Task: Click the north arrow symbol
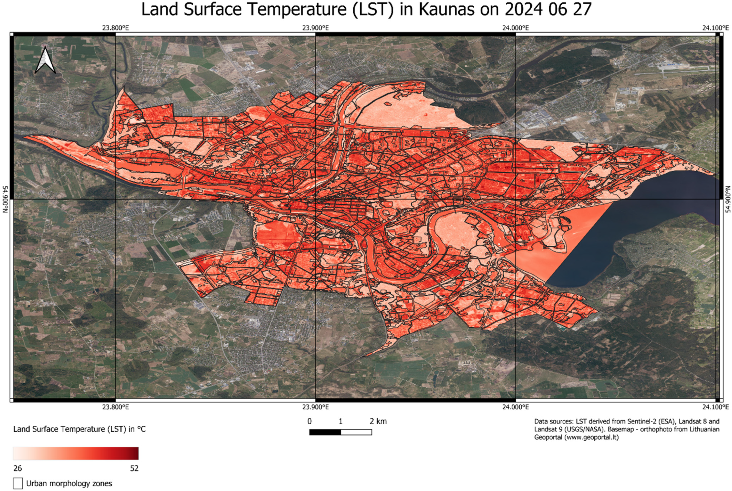[45, 61]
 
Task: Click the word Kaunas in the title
[446, 9]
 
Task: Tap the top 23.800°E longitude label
[115, 28]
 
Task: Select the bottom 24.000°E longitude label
[515, 407]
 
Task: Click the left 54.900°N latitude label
[5, 199]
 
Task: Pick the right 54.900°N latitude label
[727, 199]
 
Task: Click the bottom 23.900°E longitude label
[315, 407]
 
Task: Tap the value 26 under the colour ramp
[18, 468]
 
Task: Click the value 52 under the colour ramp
[134, 468]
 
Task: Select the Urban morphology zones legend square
[18, 483]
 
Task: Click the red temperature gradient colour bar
[76, 453]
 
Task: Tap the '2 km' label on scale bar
[378, 421]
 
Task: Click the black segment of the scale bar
[325, 432]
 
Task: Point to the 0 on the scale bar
[309, 421]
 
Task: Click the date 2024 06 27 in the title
[548, 9]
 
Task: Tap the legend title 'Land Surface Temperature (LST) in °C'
[79, 429]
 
